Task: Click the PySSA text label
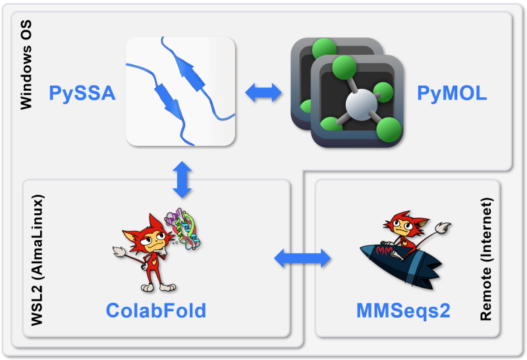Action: [x=82, y=93]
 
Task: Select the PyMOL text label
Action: [x=452, y=93]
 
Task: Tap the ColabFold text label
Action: [x=156, y=310]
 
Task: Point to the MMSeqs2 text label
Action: [x=403, y=310]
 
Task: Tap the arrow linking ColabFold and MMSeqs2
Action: [x=301, y=257]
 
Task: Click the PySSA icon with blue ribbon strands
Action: [x=180, y=91]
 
